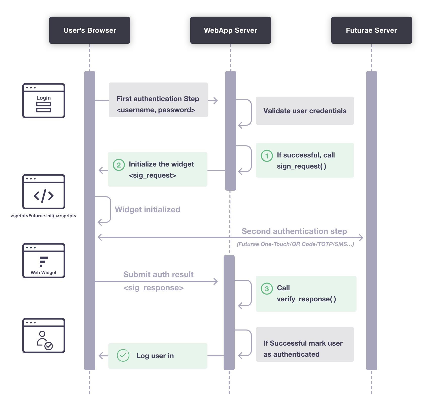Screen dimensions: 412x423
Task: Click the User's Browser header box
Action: [89, 30]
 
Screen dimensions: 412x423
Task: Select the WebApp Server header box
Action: [230, 30]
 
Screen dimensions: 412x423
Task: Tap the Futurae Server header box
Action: [371, 30]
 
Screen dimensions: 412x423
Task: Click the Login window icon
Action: [44, 101]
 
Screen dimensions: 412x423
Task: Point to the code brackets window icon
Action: [44, 192]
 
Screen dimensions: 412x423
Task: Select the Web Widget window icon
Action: [44, 261]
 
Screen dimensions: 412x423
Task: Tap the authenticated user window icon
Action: [44, 336]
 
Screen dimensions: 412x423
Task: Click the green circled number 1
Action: [267, 156]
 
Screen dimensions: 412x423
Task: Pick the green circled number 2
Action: [119, 165]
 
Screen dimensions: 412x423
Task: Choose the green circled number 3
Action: [267, 289]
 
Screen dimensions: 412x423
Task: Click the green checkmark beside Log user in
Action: [123, 355]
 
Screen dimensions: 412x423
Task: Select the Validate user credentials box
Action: [305, 111]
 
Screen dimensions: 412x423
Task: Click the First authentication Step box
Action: [158, 100]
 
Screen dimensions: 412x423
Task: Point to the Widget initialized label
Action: [147, 210]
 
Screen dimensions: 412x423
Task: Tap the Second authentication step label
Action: [294, 231]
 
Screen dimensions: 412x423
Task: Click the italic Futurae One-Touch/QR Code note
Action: [295, 244]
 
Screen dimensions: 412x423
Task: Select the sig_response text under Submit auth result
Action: [153, 288]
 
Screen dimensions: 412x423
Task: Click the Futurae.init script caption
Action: [43, 216]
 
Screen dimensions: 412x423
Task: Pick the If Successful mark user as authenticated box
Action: [305, 344]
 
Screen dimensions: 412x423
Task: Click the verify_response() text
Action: [306, 299]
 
